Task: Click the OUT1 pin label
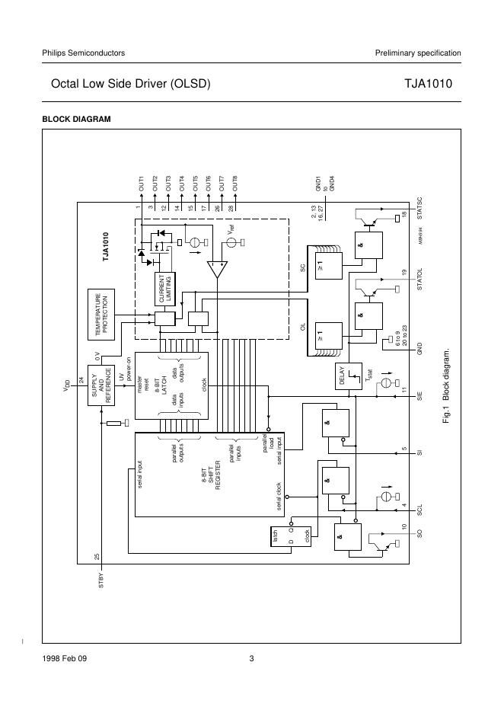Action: [x=141, y=183]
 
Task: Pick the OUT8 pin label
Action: [x=234, y=183]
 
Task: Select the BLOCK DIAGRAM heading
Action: [x=76, y=120]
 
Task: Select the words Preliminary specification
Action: [x=418, y=53]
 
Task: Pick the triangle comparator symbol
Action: [x=217, y=269]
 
